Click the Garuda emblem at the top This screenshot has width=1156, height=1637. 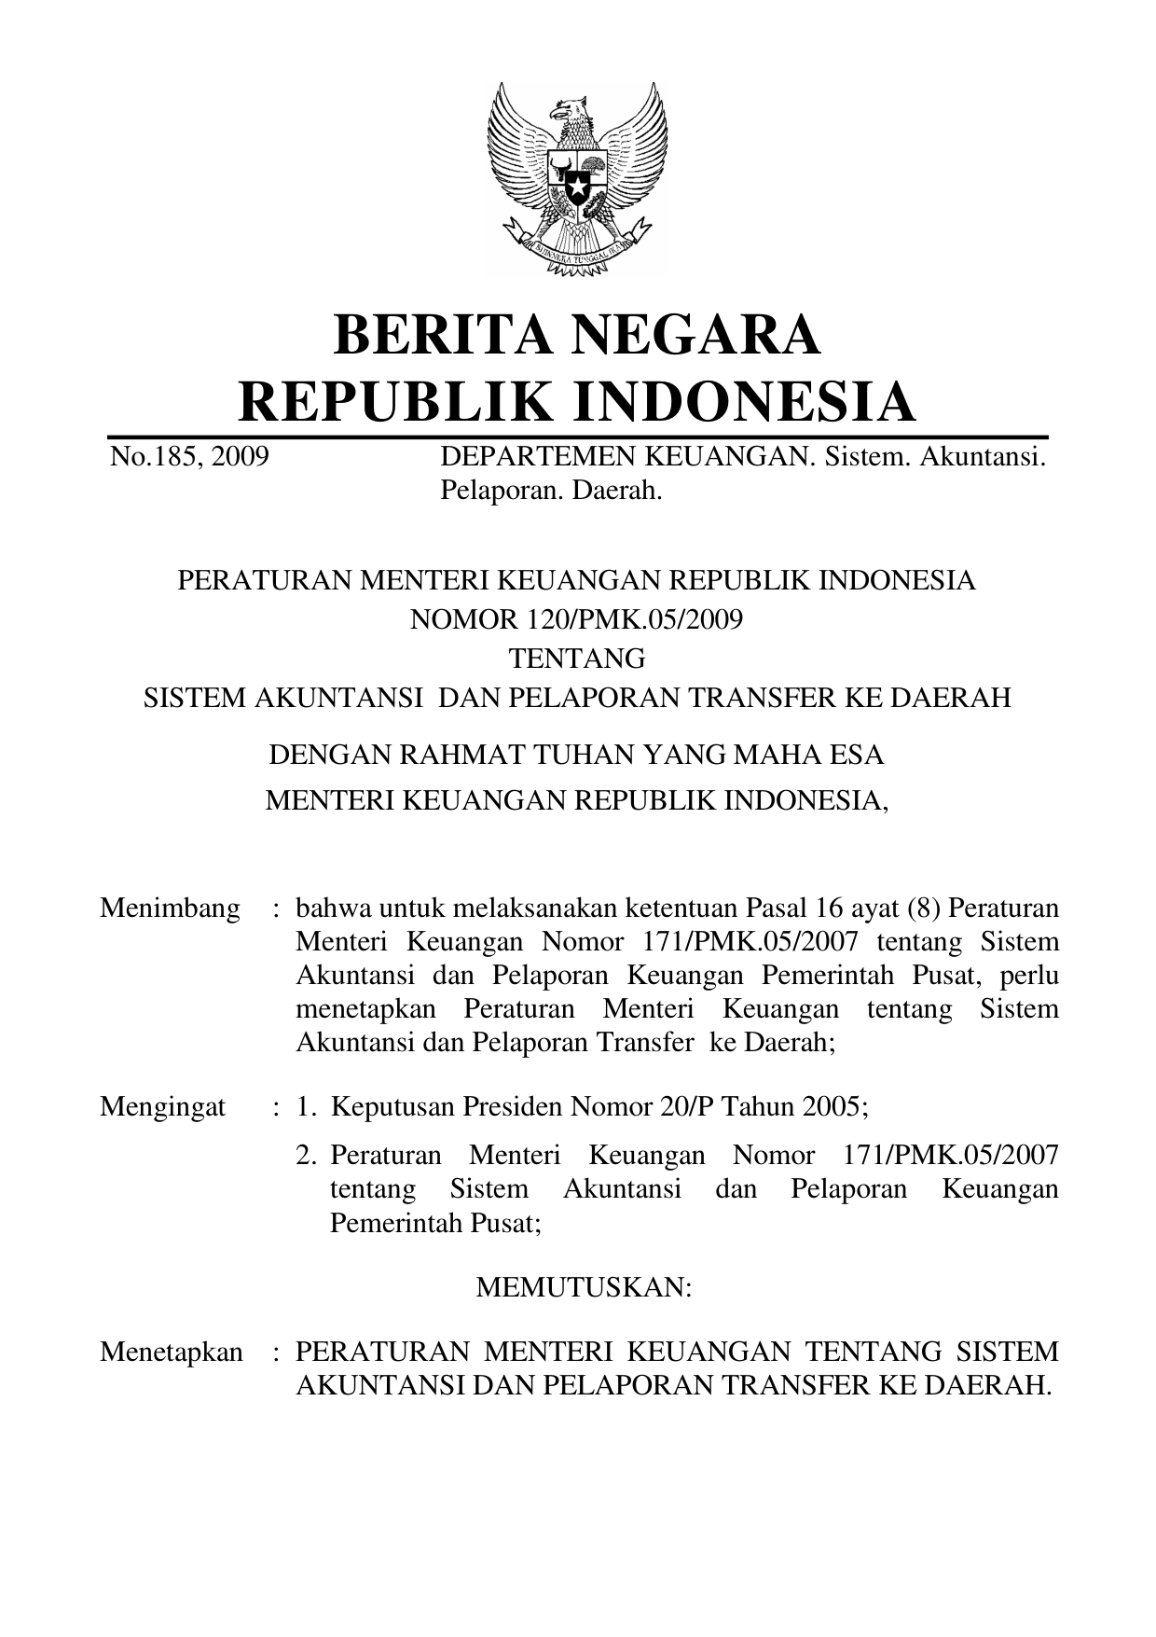[x=577, y=177]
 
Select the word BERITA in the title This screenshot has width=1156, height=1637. [x=433, y=336]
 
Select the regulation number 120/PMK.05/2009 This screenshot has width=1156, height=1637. [x=622, y=619]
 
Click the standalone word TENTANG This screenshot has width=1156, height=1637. [x=577, y=659]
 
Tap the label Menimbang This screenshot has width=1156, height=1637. [x=170, y=908]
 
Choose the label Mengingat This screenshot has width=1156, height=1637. [x=162, y=1107]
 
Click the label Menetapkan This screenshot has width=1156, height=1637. [x=172, y=1352]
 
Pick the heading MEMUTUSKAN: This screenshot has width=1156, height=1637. [x=584, y=1288]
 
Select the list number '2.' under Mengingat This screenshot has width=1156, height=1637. [x=309, y=1156]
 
